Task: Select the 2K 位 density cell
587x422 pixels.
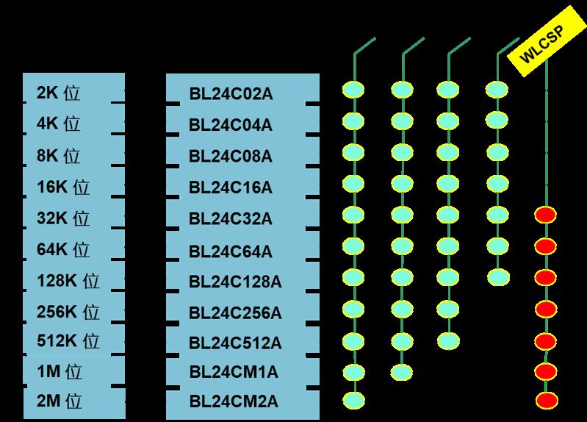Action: [x=58, y=93]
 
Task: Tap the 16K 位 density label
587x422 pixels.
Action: [x=63, y=187]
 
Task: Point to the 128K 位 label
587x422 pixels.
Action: [x=68, y=281]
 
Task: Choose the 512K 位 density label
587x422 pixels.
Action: [x=68, y=342]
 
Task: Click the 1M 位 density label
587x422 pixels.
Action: [x=60, y=372]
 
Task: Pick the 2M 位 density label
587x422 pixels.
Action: [x=60, y=401]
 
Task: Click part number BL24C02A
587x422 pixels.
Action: [x=231, y=94]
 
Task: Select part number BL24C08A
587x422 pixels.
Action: [x=231, y=157]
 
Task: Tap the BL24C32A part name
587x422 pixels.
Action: [x=231, y=219]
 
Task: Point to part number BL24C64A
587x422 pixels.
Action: [x=231, y=251]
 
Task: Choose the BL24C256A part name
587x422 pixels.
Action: [x=235, y=313]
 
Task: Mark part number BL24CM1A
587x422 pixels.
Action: [x=234, y=373]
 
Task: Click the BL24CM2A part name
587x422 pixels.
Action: [x=234, y=402]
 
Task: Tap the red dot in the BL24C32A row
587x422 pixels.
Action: [x=545, y=215]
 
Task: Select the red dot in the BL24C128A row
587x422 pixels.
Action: [x=545, y=277]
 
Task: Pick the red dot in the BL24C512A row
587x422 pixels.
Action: [x=545, y=341]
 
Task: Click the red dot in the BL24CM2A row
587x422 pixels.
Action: [x=546, y=401]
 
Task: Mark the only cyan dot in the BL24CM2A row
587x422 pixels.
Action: [x=353, y=401]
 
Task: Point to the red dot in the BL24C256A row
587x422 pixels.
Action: [x=545, y=309]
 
